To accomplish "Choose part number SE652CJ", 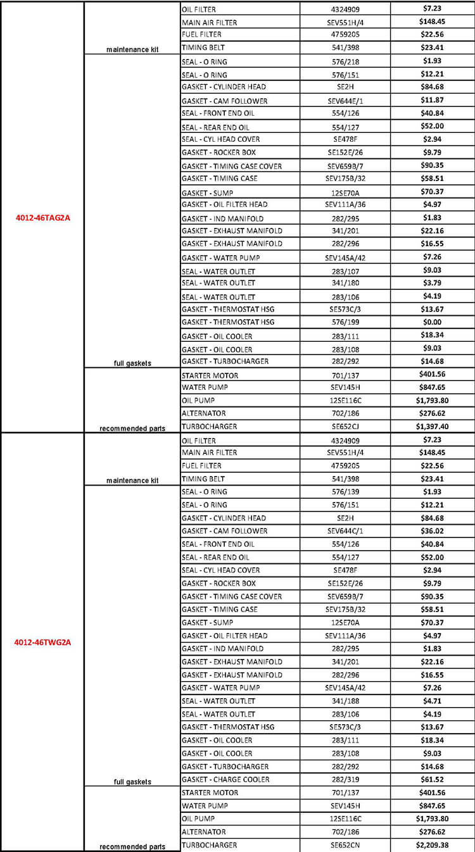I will pos(345,427).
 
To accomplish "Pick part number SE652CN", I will pos(345,845).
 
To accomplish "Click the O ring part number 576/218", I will pos(345,61).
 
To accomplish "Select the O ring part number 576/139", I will pos(345,492).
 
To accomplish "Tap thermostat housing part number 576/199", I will pos(345,322).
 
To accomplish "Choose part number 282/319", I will pos(345,779).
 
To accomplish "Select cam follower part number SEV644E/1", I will pos(345,101).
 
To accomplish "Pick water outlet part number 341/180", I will pos(345,283).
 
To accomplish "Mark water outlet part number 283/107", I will pos(345,272).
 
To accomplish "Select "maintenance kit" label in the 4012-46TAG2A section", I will pos(132,49).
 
